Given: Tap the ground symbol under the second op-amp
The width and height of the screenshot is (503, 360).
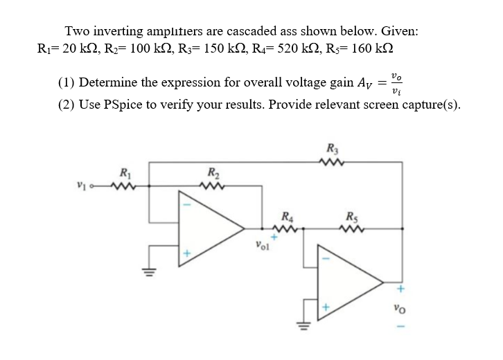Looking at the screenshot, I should [x=301, y=324].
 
